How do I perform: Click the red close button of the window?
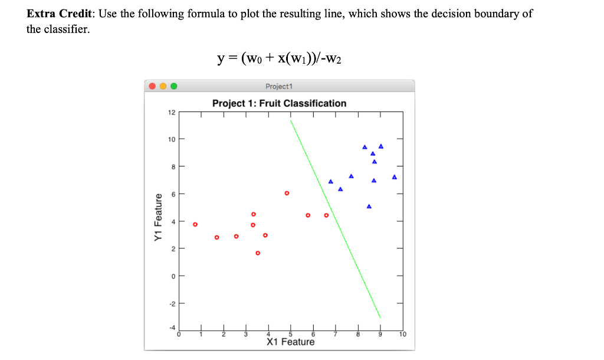pyautogui.click(x=152, y=86)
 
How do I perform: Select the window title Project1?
pyautogui.click(x=279, y=86)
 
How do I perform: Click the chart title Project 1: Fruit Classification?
pyautogui.click(x=279, y=103)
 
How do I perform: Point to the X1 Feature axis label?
pyautogui.click(x=290, y=342)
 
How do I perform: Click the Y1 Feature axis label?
pyautogui.click(x=158, y=217)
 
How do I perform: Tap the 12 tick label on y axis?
pyautogui.click(x=172, y=112)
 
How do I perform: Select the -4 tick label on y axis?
pyautogui.click(x=172, y=328)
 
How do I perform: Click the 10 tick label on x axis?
pyautogui.click(x=402, y=335)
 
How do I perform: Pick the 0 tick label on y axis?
pyautogui.click(x=173, y=276)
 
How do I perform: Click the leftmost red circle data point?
pyautogui.click(x=195, y=224)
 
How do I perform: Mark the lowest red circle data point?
pyautogui.click(x=258, y=253)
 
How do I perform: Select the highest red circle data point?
pyautogui.click(x=287, y=193)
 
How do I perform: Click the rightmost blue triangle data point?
pyautogui.click(x=394, y=177)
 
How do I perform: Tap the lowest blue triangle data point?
pyautogui.click(x=369, y=207)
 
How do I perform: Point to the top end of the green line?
pyautogui.click(x=290, y=120)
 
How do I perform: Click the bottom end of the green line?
pyautogui.click(x=380, y=318)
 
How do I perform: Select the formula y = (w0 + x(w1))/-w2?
pyautogui.click(x=279, y=57)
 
